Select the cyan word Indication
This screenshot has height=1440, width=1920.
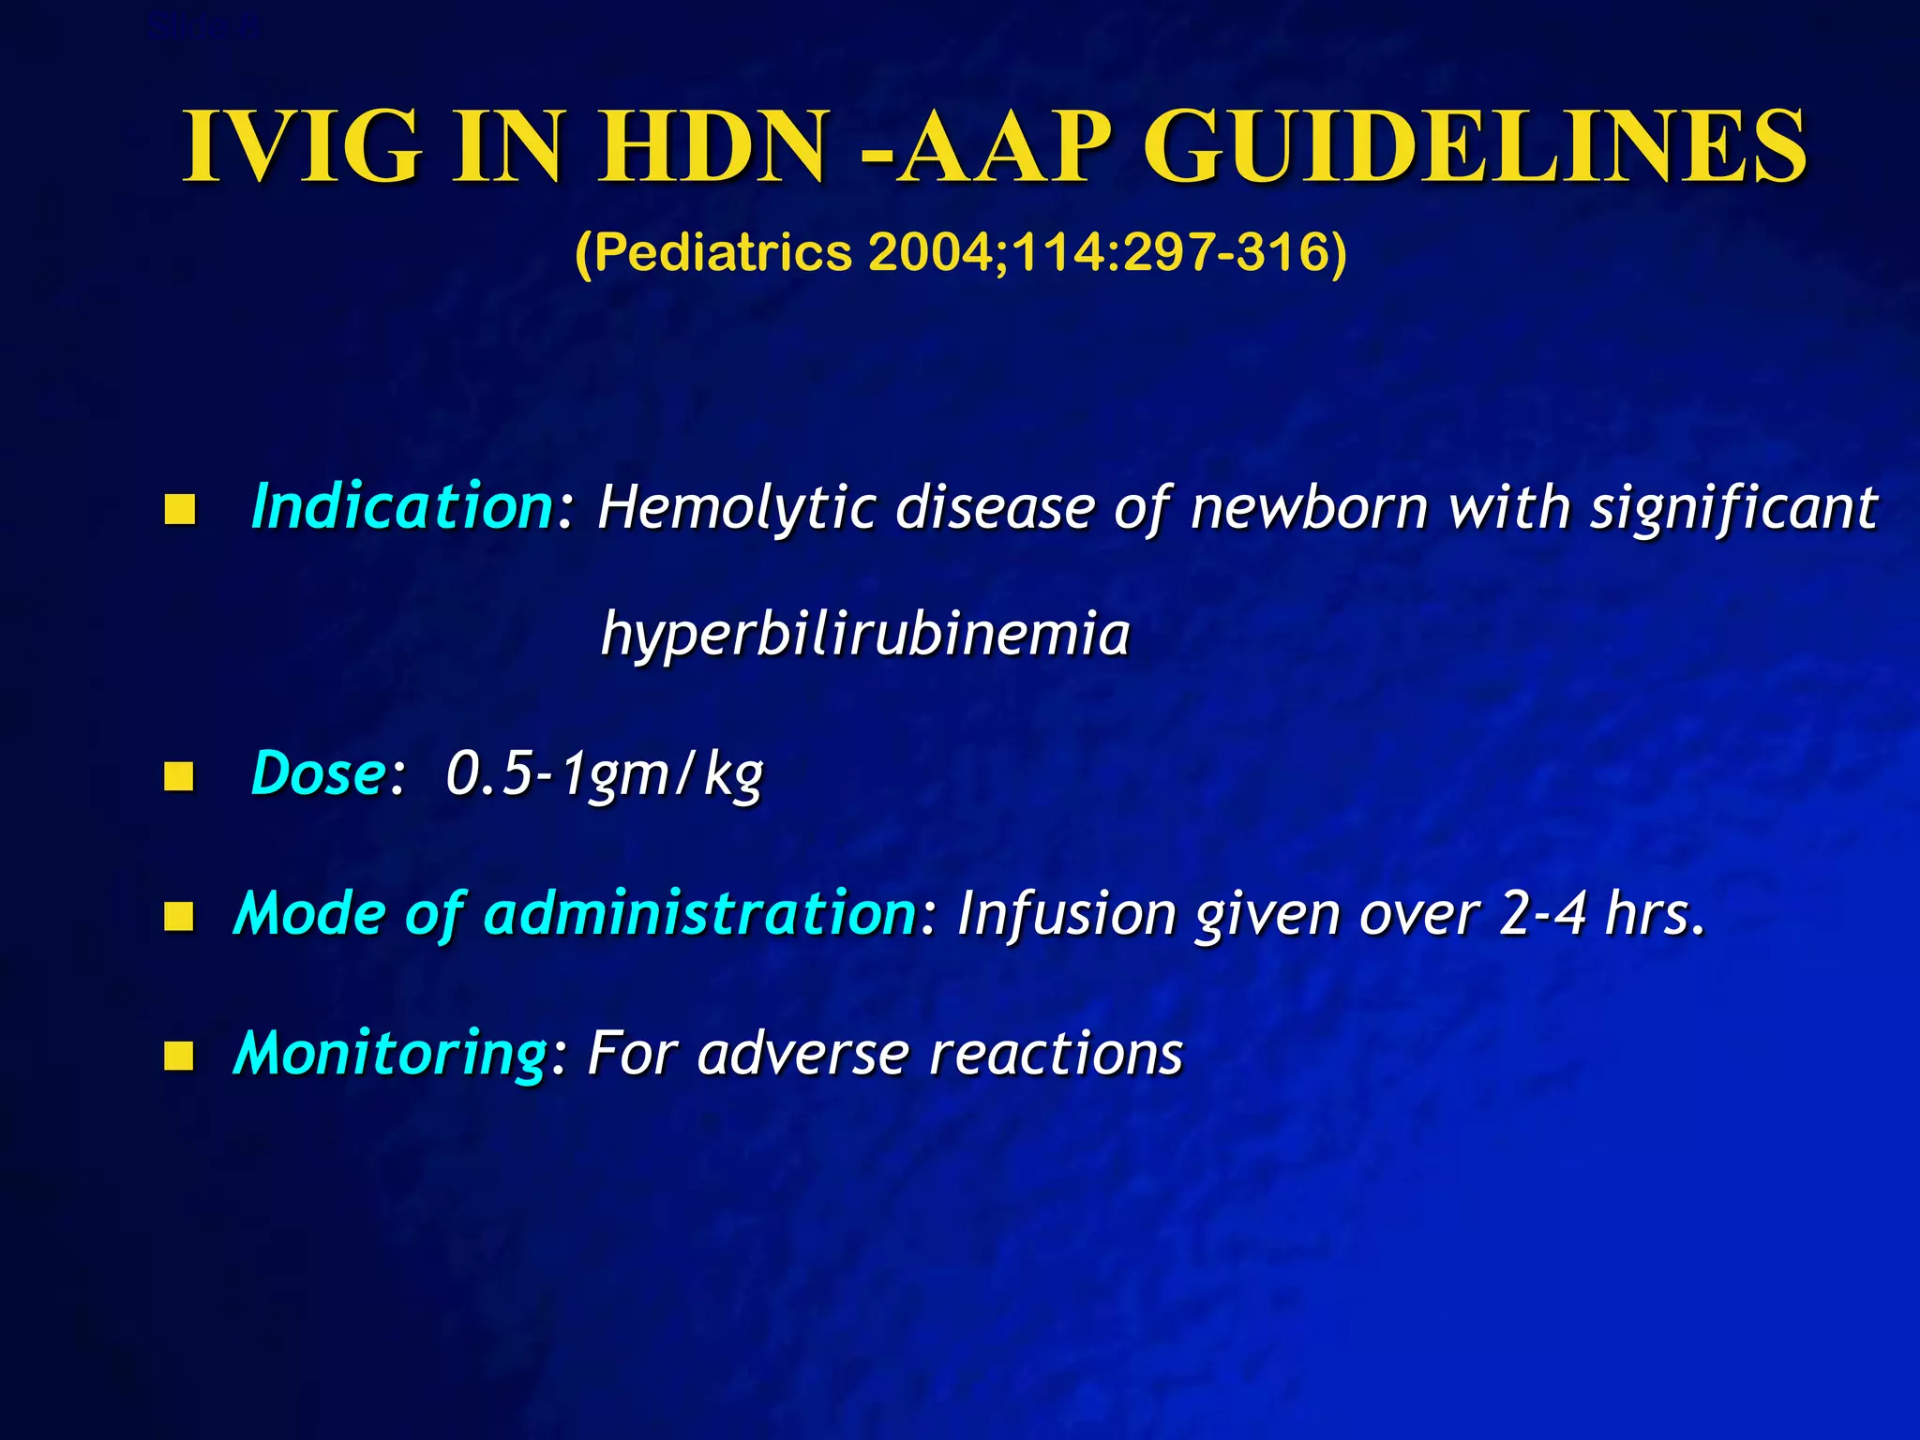pyautogui.click(x=403, y=506)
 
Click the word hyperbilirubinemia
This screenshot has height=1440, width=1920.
pyautogui.click(x=864, y=634)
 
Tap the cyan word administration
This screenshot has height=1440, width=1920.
pyautogui.click(x=698, y=913)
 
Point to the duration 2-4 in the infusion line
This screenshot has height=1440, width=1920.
pyautogui.click(x=1542, y=914)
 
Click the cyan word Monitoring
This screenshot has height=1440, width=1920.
pyautogui.click(x=388, y=1054)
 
